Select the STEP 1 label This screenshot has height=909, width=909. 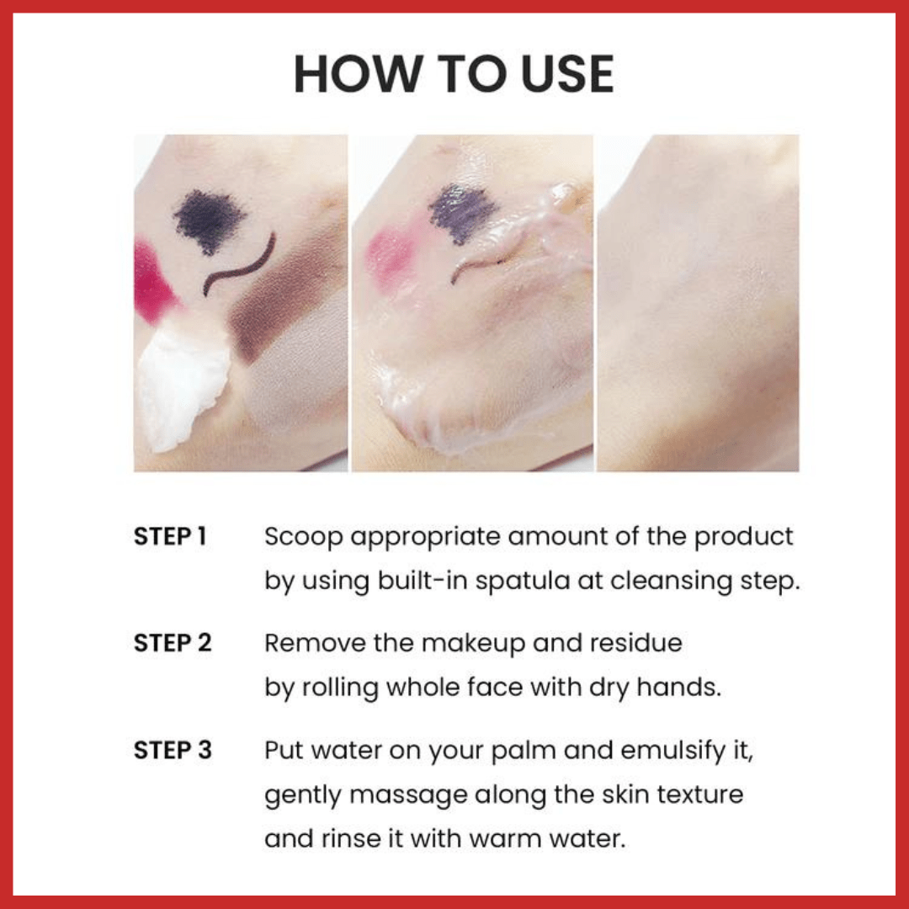pyautogui.click(x=170, y=536)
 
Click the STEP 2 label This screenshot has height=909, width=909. pyautogui.click(x=173, y=643)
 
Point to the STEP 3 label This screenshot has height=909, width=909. pyautogui.click(x=173, y=750)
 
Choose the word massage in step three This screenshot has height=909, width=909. pyautogui.click(x=408, y=795)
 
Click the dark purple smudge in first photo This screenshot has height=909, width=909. pyautogui.click(x=210, y=221)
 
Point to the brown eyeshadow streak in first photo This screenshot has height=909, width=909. pyautogui.click(x=279, y=301)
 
